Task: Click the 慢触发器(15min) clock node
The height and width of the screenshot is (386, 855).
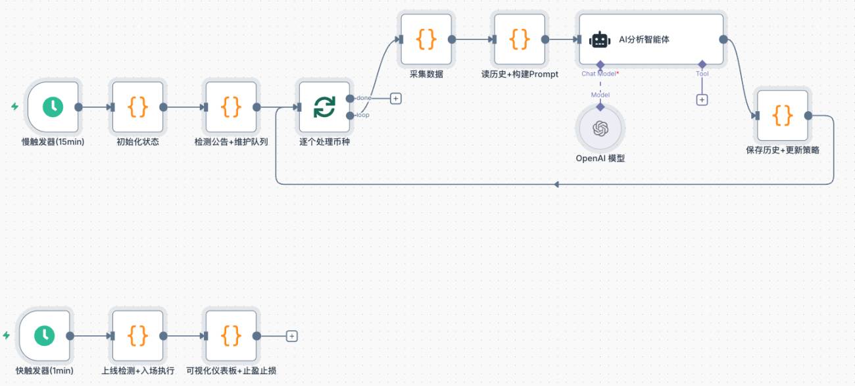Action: pos(53,107)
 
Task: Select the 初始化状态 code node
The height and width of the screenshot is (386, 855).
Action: pos(138,107)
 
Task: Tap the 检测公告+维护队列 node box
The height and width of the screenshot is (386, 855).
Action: pos(232,107)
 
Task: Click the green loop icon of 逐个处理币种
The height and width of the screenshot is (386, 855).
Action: pos(324,107)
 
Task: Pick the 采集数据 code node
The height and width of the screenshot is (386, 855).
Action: pos(426,39)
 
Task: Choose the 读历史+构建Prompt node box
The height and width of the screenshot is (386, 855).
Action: pos(520,39)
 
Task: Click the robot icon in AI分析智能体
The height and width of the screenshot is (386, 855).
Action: pos(600,39)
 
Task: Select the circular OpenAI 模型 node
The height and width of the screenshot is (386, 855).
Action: pos(600,129)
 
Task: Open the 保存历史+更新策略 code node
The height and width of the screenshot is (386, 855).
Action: pos(783,115)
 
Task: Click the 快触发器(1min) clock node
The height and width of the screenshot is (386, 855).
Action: pos(45,335)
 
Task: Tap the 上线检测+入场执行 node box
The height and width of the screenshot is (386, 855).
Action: pos(138,335)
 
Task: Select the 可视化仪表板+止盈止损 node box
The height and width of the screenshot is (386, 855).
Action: pos(232,335)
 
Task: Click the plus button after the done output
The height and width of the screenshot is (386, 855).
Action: pos(396,99)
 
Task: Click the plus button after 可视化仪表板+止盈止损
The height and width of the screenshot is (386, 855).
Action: pos(291,336)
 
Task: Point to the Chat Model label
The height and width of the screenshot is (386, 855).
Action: pos(599,74)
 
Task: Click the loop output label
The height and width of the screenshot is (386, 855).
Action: pos(362,115)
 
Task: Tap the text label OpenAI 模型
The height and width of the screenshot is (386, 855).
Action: pos(600,158)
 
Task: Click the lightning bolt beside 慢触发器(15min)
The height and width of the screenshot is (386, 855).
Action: pos(15,106)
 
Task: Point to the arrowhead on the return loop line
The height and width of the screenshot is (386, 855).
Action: pos(556,184)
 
